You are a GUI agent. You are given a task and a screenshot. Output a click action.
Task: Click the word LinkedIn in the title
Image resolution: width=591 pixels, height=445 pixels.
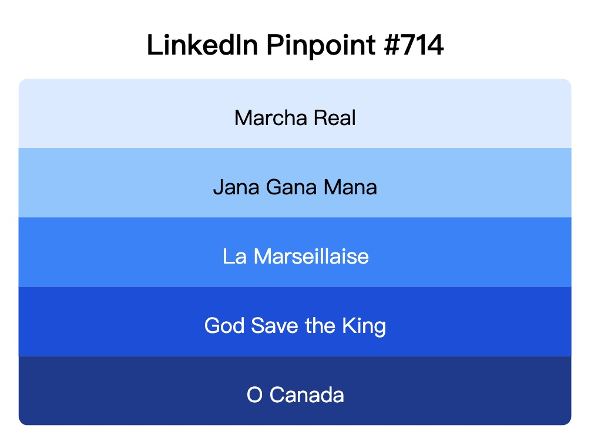202,45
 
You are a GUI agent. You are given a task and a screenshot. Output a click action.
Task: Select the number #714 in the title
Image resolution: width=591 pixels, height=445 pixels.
415,45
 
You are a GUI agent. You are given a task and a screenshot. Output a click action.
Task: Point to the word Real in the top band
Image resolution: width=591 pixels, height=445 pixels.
335,118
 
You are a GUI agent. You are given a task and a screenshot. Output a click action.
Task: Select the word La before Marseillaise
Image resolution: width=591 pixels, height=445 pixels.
234,257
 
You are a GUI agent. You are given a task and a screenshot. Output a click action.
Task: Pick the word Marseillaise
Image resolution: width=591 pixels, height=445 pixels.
311,257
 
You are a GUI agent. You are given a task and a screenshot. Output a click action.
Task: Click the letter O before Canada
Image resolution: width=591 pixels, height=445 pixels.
254,395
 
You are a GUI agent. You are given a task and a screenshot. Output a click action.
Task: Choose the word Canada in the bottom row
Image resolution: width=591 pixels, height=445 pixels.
307,395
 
